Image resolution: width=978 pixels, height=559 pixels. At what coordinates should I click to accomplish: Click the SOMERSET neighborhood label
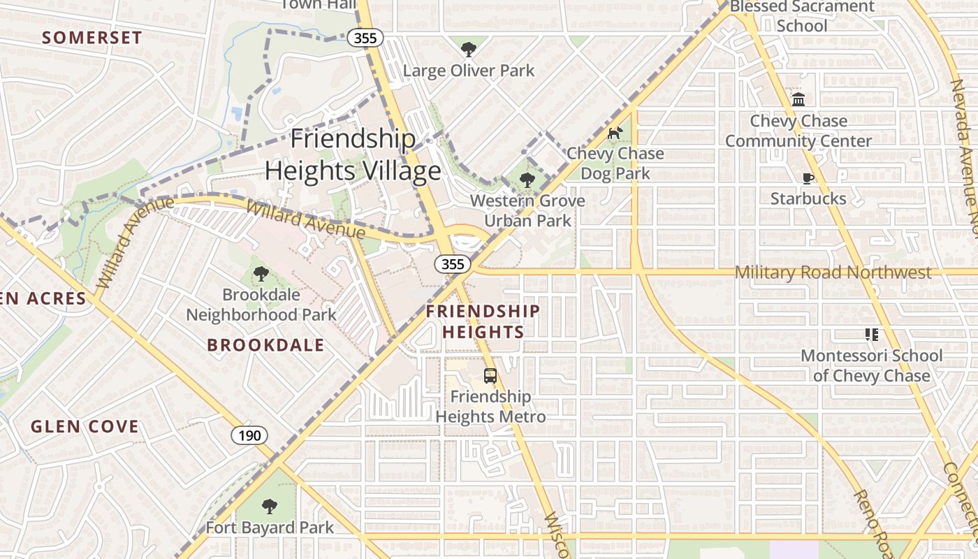(x=92, y=38)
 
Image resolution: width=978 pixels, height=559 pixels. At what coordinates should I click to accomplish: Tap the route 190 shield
(x=249, y=436)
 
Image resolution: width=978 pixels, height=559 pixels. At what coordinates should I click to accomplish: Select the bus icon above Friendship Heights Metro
(x=490, y=376)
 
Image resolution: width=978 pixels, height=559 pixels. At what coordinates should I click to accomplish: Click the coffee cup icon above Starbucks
(x=808, y=178)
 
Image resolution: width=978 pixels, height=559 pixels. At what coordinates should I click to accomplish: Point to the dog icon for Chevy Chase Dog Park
(x=615, y=133)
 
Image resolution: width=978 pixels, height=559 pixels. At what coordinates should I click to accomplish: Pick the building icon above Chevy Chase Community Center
(x=798, y=99)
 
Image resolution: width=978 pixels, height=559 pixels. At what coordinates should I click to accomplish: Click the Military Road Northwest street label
(x=833, y=273)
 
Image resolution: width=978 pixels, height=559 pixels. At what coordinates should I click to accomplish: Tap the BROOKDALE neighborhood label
(x=265, y=344)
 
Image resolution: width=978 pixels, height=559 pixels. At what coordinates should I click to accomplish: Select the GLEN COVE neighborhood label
(x=85, y=426)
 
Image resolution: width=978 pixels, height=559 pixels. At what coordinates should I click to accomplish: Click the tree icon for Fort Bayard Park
(x=269, y=506)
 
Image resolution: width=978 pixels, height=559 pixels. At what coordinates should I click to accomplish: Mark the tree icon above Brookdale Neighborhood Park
(x=261, y=273)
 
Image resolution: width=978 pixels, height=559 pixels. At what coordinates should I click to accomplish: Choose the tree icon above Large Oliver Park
(x=468, y=49)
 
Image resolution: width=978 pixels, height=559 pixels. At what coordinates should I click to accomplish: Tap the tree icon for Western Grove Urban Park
(x=527, y=180)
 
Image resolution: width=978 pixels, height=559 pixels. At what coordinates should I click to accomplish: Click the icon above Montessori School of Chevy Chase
(x=871, y=335)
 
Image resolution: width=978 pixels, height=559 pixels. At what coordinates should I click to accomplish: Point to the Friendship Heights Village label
(x=353, y=154)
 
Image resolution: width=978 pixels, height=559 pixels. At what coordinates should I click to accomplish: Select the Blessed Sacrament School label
(x=802, y=16)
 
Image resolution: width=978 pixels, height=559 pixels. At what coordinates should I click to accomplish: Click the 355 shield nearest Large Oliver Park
(x=365, y=38)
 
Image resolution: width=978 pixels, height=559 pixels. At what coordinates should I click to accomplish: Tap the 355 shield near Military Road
(x=453, y=264)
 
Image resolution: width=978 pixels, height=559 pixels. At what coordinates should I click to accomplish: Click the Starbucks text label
(x=808, y=198)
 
